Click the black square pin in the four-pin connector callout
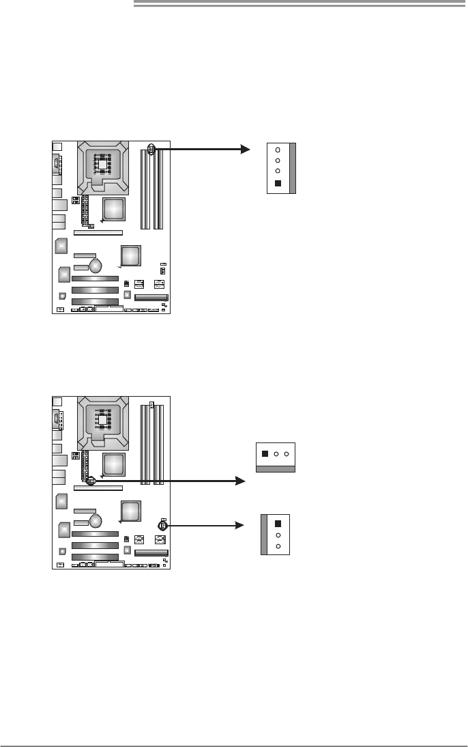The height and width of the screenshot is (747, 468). [x=278, y=183]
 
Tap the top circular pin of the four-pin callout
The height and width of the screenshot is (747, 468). [x=278, y=150]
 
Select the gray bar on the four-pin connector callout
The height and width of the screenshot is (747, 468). [x=293, y=169]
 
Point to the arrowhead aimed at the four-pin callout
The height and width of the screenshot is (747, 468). [x=246, y=149]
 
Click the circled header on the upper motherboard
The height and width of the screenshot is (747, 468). [x=151, y=148]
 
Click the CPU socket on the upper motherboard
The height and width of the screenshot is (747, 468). [x=102, y=165]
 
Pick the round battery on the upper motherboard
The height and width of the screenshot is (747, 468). [x=96, y=264]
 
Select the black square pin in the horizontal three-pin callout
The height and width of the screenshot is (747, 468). [x=265, y=453]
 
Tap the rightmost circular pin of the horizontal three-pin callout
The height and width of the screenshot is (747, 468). [x=287, y=453]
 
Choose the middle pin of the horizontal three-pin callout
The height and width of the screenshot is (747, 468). [x=276, y=453]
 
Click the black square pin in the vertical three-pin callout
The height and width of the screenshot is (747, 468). [x=278, y=523]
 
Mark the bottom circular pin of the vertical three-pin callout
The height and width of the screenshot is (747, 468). [x=278, y=546]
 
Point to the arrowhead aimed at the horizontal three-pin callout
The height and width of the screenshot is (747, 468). [x=240, y=481]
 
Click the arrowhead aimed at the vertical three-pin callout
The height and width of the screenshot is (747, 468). [x=240, y=526]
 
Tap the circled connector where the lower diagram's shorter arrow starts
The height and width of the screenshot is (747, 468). [x=163, y=526]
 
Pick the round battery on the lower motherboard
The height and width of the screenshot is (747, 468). [x=96, y=520]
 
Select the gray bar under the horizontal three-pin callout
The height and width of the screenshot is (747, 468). [x=276, y=469]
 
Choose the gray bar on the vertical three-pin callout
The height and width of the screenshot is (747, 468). [x=265, y=534]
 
